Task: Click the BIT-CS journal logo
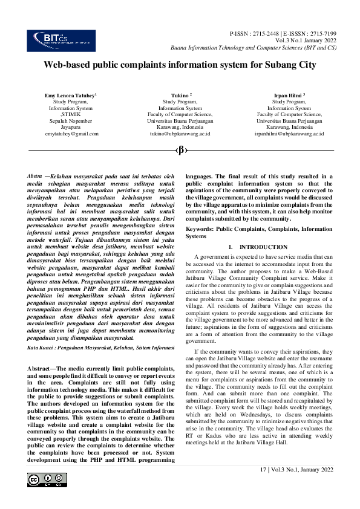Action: pos(53,40)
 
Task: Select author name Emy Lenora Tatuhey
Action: pos(70,96)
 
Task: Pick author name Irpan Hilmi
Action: pos(287,96)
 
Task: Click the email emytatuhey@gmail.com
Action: pos(71,133)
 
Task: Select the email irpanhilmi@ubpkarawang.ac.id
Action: pos(289,133)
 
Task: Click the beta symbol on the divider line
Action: pos(180,150)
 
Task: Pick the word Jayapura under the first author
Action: pos(71,127)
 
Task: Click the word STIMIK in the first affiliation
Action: pos(71,114)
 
